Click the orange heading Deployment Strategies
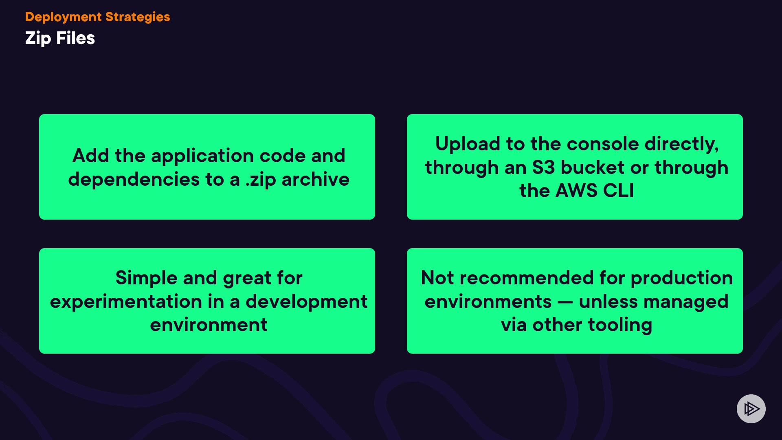[97, 17]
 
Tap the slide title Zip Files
[60, 38]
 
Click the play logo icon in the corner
[751, 409]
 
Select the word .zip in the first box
[261, 180]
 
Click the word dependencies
[134, 180]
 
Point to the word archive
[315, 180]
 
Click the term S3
[543, 167]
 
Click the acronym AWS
[576, 191]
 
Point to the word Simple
[147, 278]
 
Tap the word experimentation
[126, 302]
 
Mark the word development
[306, 302]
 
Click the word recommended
[527, 278]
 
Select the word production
[681, 278]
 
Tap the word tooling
[620, 325]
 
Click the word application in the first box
[202, 156]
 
